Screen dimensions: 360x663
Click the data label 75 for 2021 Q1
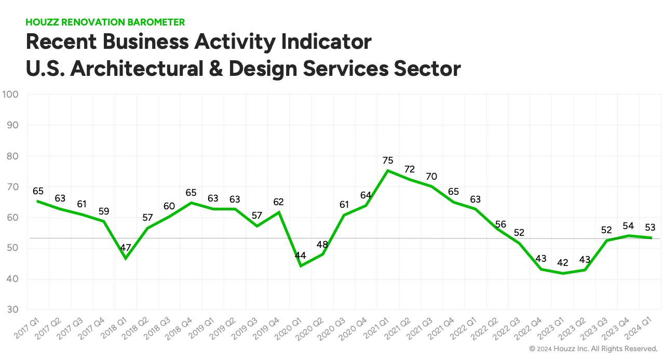coord(388,161)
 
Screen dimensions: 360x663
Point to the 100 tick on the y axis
coord(10,95)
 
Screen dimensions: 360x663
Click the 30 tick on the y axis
coord(12,310)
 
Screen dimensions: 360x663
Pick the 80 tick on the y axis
coord(12,156)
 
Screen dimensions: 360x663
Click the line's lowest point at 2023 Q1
coord(563,273)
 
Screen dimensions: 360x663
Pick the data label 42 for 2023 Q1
coord(563,263)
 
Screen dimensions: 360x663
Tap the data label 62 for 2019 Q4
coord(279,202)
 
